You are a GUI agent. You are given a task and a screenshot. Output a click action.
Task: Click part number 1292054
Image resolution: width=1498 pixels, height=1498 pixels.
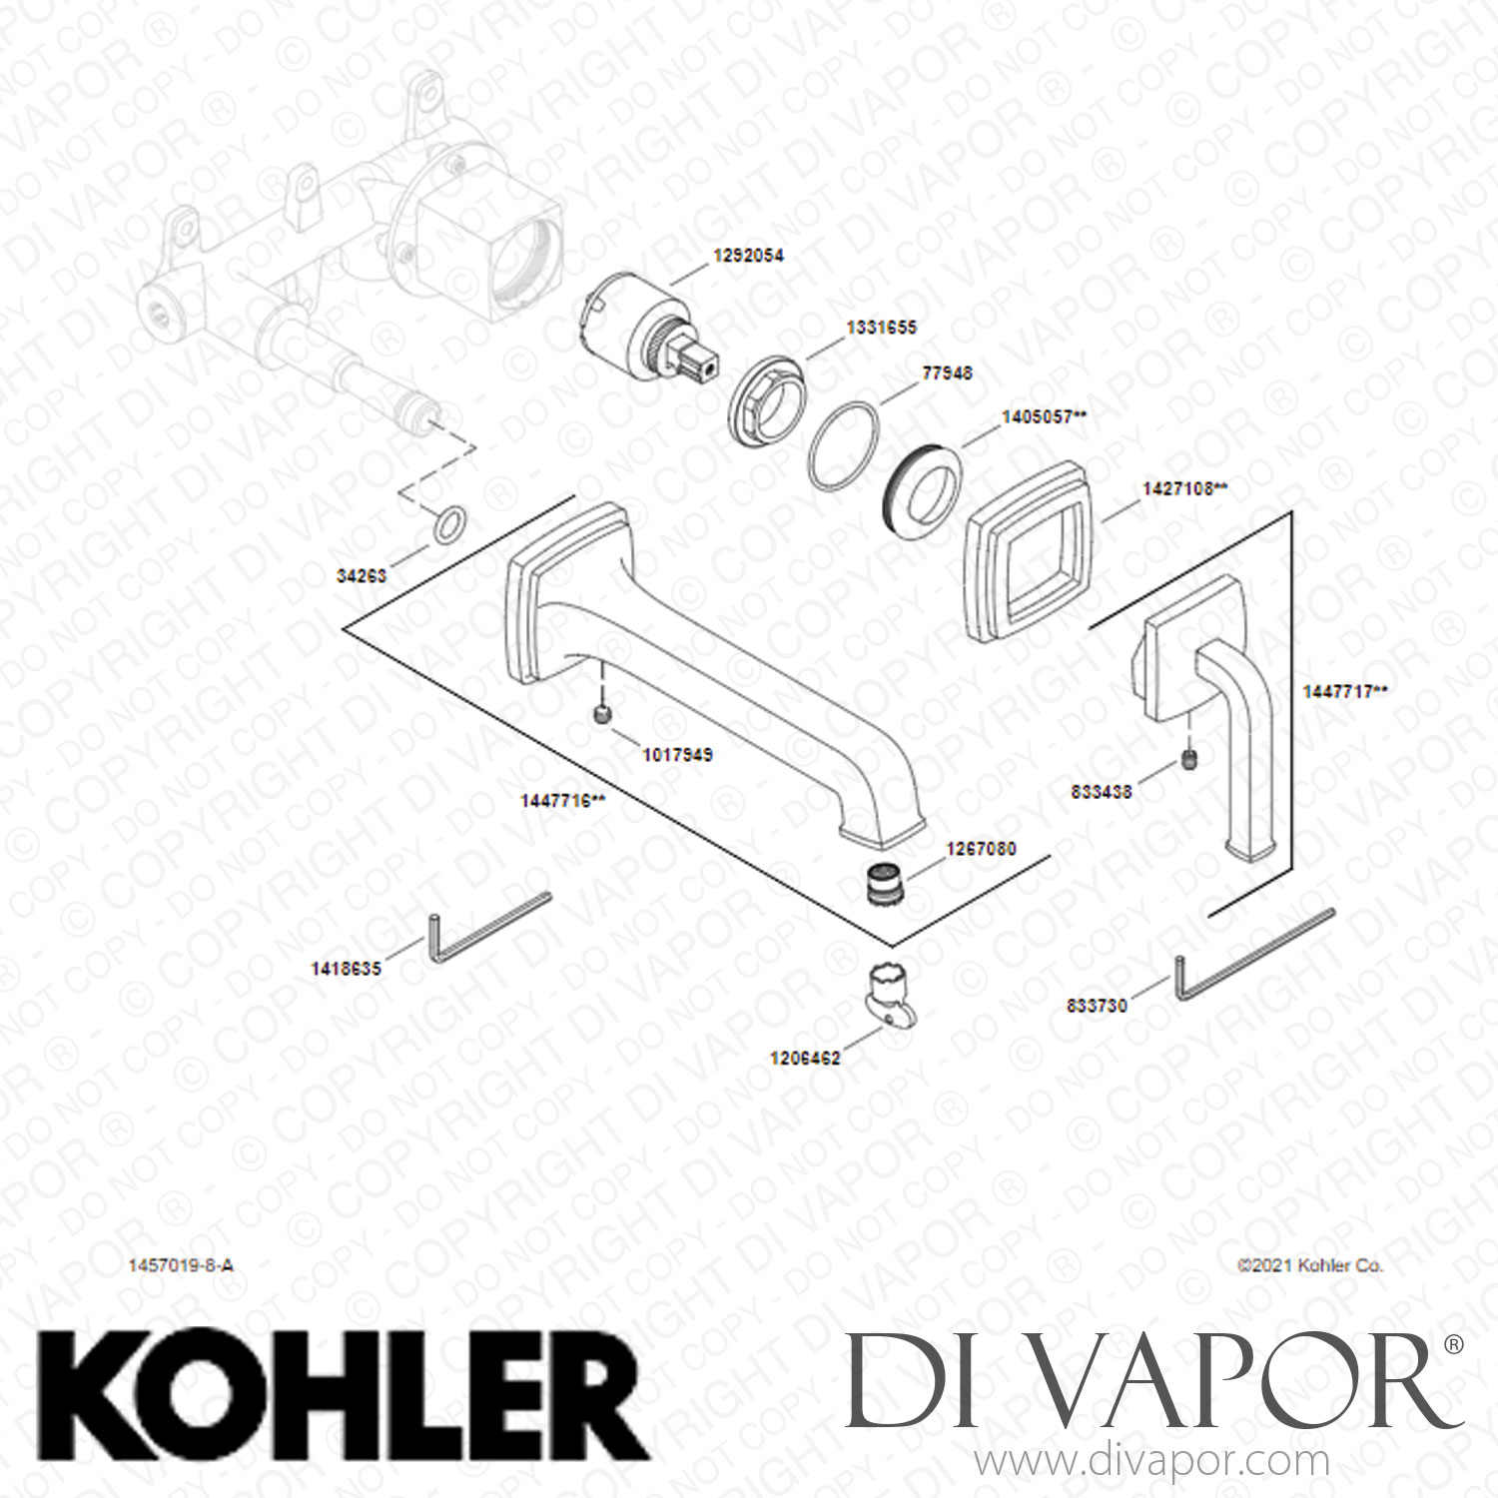[748, 256]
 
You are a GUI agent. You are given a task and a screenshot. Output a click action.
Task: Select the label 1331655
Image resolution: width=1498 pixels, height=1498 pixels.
[881, 328]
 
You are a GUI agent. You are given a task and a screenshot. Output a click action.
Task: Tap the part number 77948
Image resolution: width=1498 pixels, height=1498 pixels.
[947, 374]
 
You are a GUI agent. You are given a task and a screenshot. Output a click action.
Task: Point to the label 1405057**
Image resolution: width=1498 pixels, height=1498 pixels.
[1044, 417]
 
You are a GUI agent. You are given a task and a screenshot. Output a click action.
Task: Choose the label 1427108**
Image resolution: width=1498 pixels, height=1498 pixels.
[1184, 489]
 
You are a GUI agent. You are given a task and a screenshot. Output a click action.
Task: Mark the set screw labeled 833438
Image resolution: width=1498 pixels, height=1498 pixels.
[1189, 759]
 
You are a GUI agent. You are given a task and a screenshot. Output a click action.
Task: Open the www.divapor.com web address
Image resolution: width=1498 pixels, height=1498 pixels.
[1151, 1464]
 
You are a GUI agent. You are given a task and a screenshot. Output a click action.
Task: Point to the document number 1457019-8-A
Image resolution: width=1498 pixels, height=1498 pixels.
[181, 1265]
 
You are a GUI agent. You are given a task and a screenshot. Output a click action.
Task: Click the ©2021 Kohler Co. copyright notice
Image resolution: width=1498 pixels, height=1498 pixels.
[1310, 1265]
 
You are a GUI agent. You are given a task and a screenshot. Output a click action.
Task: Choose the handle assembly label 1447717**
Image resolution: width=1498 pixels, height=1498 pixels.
[1344, 691]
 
